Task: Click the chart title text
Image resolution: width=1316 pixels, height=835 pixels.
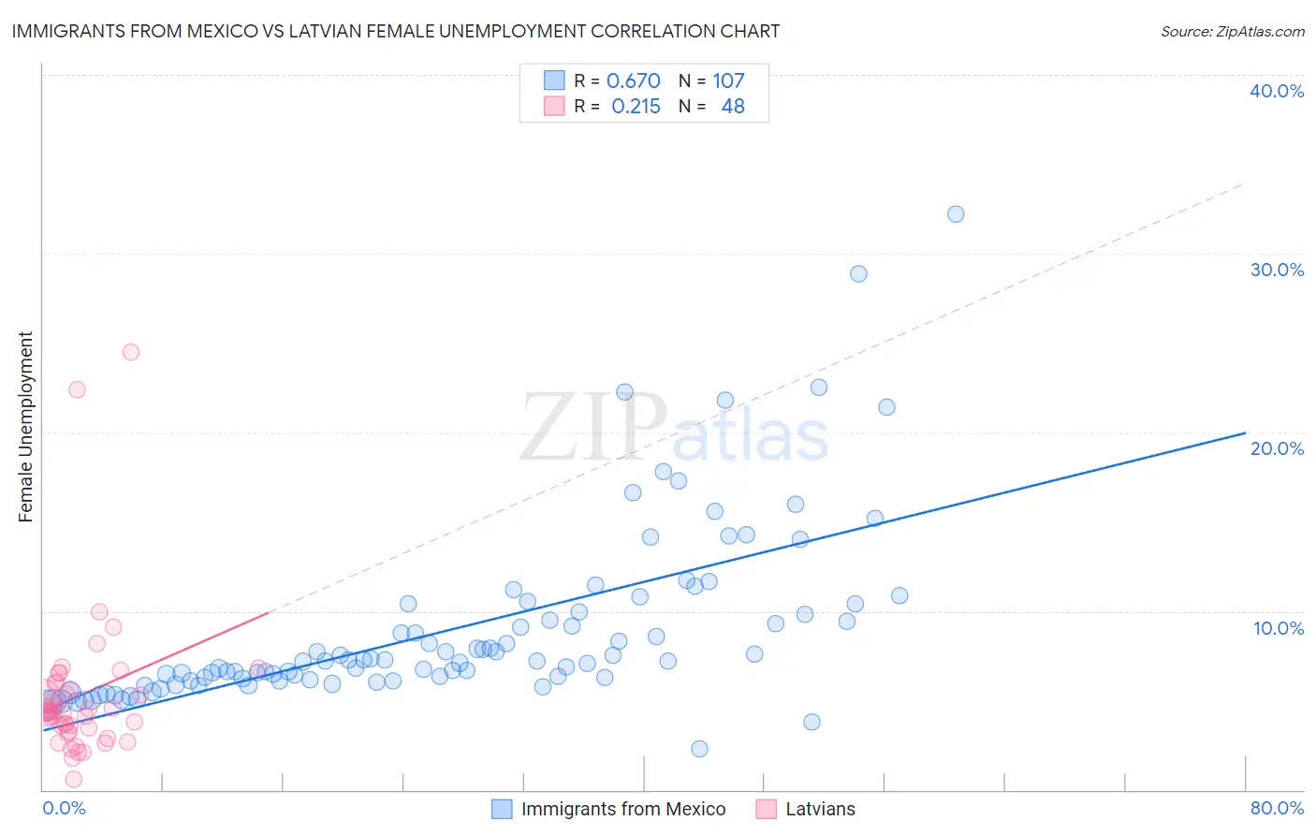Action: [395, 31]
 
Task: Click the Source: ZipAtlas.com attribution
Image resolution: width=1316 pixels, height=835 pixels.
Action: [1232, 31]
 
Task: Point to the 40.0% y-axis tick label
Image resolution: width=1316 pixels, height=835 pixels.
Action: [1277, 91]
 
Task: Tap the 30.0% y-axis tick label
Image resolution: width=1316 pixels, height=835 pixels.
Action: [1277, 270]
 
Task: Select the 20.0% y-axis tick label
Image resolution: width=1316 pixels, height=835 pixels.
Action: [1277, 448]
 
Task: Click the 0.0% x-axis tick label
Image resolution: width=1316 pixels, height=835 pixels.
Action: [64, 808]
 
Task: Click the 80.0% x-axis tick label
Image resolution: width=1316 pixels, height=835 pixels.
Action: [1277, 808]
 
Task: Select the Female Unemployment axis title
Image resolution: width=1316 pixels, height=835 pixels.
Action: [25, 427]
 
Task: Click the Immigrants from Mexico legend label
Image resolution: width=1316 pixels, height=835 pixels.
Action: [623, 809]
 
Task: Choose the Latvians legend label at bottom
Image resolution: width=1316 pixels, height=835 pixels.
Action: [820, 809]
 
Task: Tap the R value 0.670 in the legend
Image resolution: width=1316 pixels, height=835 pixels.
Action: [634, 81]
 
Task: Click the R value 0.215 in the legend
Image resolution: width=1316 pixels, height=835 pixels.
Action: [636, 106]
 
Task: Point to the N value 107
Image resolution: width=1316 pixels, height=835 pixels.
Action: [728, 81]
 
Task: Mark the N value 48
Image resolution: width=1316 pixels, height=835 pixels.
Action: [733, 106]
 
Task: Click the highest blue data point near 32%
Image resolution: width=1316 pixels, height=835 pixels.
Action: [956, 214]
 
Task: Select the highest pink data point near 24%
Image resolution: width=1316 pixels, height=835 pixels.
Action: [131, 352]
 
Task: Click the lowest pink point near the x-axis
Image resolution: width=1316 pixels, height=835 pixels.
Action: [74, 779]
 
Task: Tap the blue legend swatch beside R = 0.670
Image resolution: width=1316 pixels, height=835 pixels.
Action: [554, 81]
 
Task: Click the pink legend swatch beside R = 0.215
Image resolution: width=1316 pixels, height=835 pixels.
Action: [554, 106]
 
